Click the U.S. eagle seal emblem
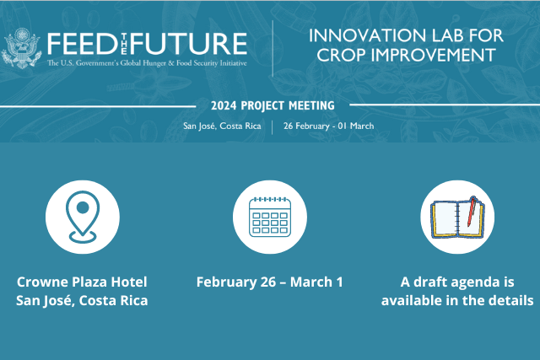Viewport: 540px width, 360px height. click(x=21, y=48)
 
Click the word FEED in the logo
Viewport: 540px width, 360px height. click(x=83, y=44)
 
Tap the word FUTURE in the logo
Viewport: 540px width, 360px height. click(x=188, y=44)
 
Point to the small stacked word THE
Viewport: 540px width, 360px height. click(x=124, y=44)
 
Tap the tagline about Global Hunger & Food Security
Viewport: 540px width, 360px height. click(x=147, y=63)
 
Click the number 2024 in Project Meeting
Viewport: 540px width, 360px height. click(x=224, y=105)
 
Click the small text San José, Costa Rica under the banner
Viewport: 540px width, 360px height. click(x=222, y=126)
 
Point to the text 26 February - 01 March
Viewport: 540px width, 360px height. click(x=328, y=126)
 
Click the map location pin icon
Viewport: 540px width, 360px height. click(x=83, y=217)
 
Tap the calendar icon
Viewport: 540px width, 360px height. click(x=270, y=217)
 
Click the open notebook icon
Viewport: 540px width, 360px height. click(x=457, y=218)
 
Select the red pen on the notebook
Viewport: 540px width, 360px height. click(x=472, y=212)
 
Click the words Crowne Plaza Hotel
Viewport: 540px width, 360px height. click(x=82, y=282)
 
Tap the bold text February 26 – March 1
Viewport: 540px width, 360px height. click(x=270, y=282)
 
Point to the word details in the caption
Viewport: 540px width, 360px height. click(x=510, y=300)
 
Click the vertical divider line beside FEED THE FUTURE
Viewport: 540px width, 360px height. click(x=273, y=48)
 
